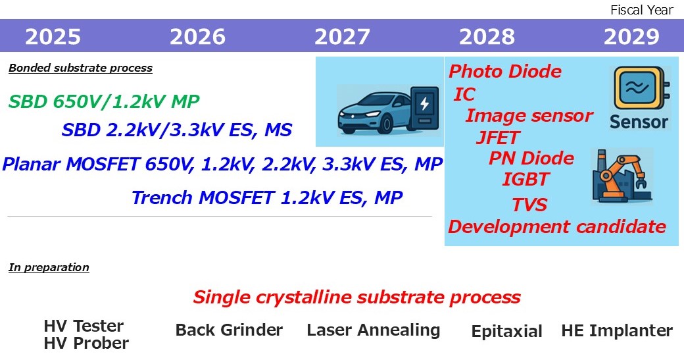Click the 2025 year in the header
coord(53,37)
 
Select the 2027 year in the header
coord(342,37)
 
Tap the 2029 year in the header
coord(631,37)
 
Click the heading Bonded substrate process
coord(80,68)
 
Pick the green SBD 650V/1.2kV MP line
coord(104,101)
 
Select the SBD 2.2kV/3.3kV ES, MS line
coord(177,130)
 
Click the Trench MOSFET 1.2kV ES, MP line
coord(267,197)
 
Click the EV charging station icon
coord(423,107)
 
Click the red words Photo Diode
coord(505,71)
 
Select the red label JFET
coord(498,138)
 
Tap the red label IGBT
coord(525,178)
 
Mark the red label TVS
coord(529,205)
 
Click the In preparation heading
coord(49,267)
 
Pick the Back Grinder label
coord(229,330)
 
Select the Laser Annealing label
coord(374,330)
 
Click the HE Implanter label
coord(617,330)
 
